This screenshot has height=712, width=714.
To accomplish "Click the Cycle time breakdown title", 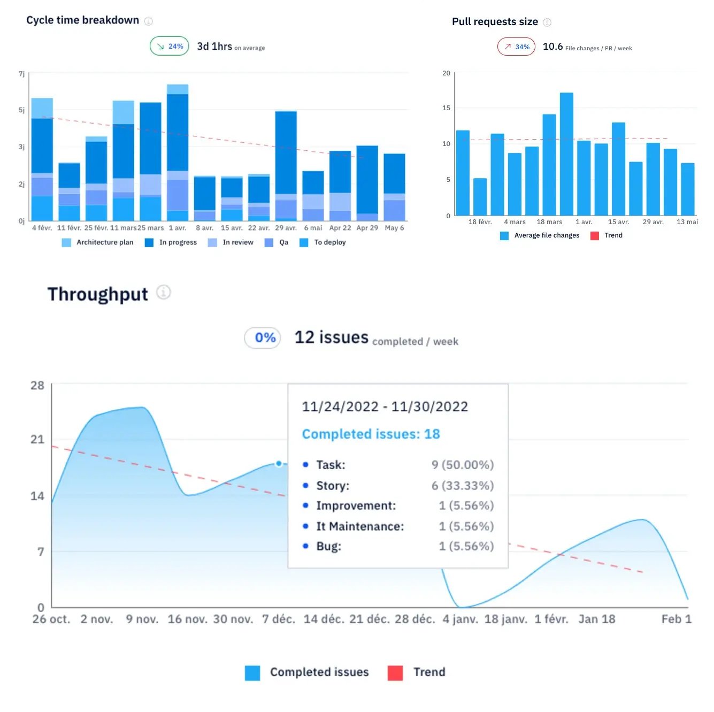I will click(x=82, y=20).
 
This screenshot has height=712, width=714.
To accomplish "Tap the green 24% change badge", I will click(x=169, y=47).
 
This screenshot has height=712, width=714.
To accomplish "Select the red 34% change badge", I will click(x=516, y=47).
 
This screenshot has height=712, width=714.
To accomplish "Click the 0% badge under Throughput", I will click(x=263, y=338).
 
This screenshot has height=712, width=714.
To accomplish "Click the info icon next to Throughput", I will click(x=164, y=293).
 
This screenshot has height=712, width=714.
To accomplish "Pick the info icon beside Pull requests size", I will click(x=547, y=22).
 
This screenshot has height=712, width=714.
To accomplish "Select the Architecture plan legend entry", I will click(x=98, y=242).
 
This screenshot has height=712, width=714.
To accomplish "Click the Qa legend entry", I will click(x=277, y=242).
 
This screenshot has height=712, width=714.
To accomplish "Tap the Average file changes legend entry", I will click(x=540, y=235).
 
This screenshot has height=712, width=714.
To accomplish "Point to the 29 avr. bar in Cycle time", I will click(x=286, y=160).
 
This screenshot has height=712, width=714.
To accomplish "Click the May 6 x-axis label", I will click(x=394, y=228).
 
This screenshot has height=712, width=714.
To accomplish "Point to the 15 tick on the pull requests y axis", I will click(x=446, y=108).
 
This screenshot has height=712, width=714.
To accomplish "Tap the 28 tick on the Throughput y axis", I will click(x=37, y=386).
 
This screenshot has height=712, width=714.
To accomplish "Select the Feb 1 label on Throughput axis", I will click(x=676, y=619).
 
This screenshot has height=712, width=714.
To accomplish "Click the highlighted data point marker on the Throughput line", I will click(x=279, y=464).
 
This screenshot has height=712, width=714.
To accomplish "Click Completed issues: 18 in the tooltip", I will click(x=371, y=434).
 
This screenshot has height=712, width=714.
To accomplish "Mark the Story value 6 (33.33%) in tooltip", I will click(x=463, y=486).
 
